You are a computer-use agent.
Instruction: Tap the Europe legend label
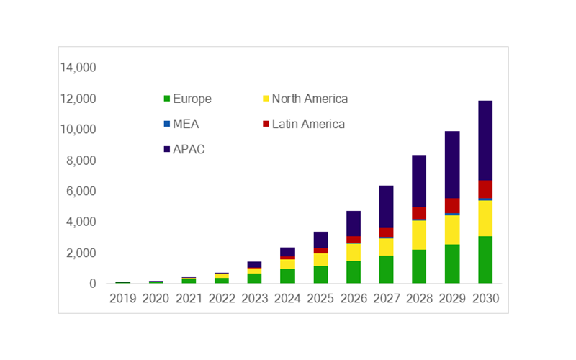[192, 99]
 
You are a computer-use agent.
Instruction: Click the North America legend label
[310, 99]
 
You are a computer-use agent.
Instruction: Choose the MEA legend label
[186, 124]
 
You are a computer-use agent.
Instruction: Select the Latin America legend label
[308, 124]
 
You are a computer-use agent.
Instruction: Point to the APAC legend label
[189, 149]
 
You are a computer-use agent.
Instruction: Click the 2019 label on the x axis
[122, 298]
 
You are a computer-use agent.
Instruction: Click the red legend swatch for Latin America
[266, 125]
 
